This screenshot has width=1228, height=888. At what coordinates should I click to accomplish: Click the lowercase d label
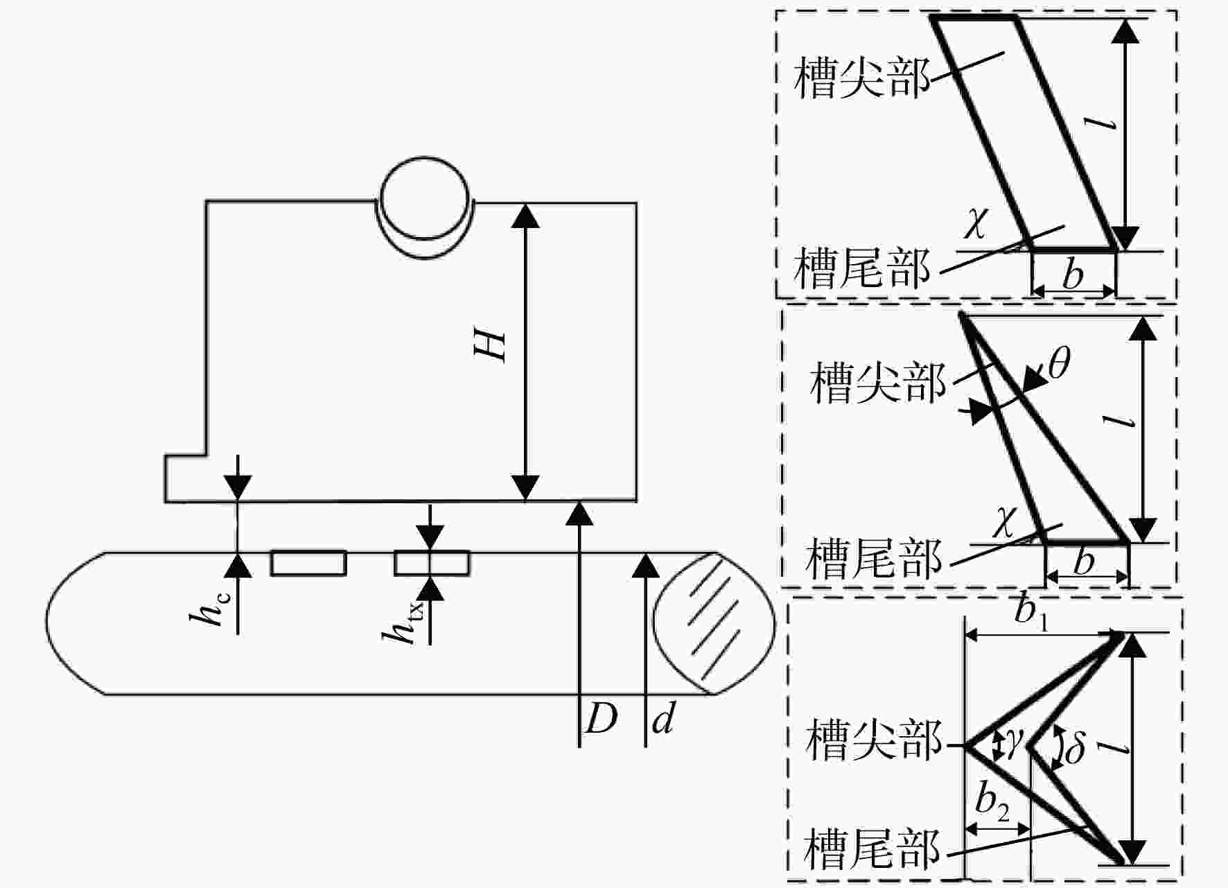tap(663, 718)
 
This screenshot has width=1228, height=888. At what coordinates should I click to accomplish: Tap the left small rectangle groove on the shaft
tap(308, 563)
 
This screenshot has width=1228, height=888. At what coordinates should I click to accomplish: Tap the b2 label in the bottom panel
tap(992, 801)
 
